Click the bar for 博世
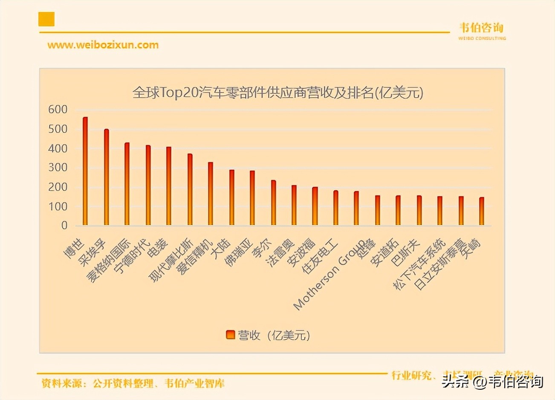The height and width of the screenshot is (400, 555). [x=85, y=171]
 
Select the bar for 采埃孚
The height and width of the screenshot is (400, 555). [x=107, y=177]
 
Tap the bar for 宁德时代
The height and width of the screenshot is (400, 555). [x=148, y=186]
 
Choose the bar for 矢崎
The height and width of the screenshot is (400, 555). [x=482, y=211]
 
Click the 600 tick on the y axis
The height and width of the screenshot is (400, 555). [x=58, y=110]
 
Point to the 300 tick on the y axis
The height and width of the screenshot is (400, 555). [x=58, y=168]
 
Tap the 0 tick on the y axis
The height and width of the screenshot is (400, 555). [x=64, y=226]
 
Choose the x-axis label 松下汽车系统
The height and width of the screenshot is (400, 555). [x=420, y=264]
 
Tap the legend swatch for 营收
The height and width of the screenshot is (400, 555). [x=230, y=335]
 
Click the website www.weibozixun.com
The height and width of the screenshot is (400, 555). [x=103, y=45]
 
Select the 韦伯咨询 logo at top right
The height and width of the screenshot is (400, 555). [x=482, y=30]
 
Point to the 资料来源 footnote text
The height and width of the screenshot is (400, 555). [x=133, y=383]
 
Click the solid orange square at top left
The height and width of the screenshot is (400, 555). [x=46, y=19]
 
